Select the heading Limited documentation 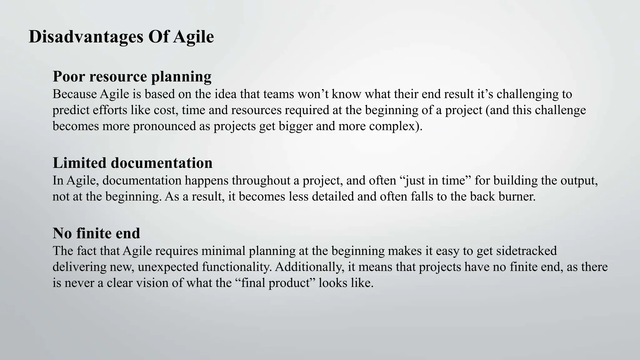[132, 163]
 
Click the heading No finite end [96, 233]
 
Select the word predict [70, 110]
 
